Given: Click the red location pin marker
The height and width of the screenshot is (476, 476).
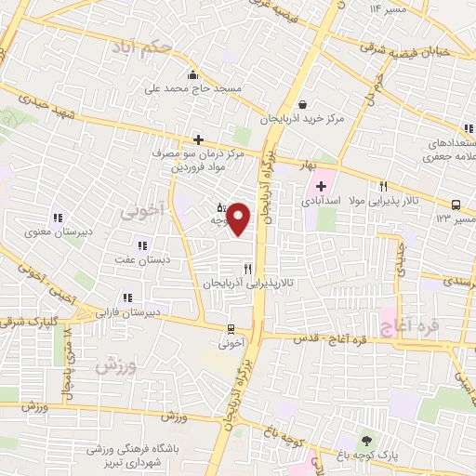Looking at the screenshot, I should tap(239, 219).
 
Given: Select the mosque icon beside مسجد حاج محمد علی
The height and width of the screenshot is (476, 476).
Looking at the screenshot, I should tap(192, 74).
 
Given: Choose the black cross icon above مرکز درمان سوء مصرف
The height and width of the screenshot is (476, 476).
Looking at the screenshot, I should tap(198, 139).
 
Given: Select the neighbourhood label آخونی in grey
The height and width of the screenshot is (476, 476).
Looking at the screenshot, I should tap(140, 211).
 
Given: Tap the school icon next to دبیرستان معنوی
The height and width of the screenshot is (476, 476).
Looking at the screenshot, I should tap(57, 218).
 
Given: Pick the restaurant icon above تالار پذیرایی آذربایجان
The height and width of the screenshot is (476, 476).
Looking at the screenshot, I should tap(247, 268).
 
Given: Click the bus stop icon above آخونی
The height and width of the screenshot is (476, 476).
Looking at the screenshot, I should tap(231, 328).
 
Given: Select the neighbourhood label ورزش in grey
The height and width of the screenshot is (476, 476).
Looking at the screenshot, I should tap(115, 364).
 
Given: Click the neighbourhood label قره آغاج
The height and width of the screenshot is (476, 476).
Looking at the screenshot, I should tap(403, 322).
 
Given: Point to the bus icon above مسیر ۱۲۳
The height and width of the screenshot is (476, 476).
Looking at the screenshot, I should tap(456, 205).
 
